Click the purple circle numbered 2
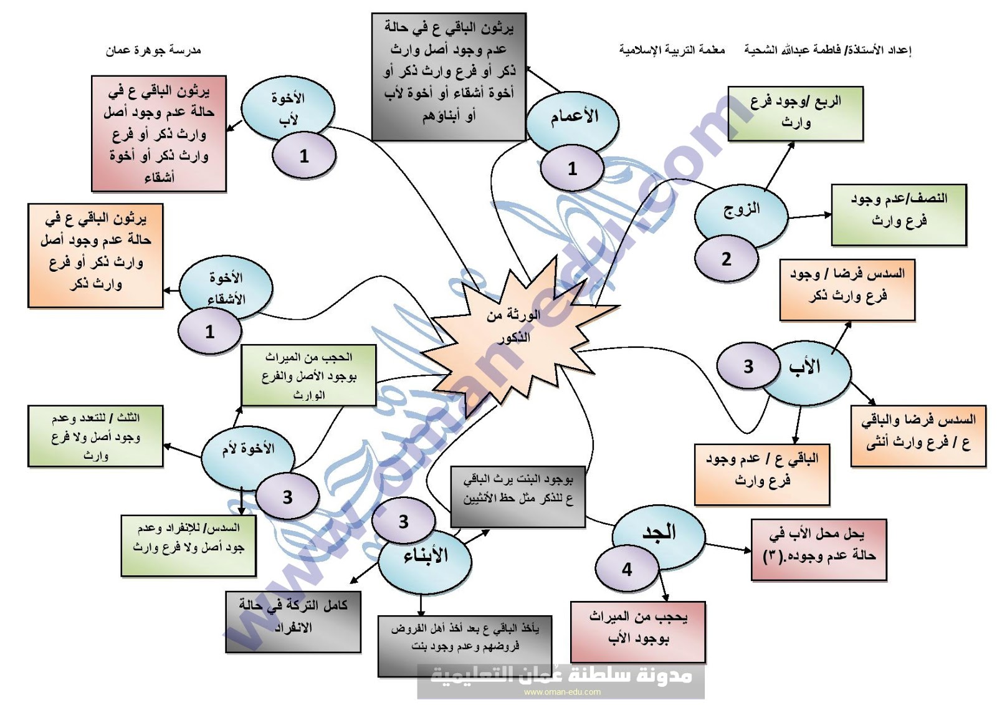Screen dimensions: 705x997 click(x=727, y=259)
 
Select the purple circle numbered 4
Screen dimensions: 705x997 click(x=627, y=569)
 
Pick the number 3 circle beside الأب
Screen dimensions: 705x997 click(x=748, y=367)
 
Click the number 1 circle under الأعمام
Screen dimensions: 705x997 click(x=572, y=168)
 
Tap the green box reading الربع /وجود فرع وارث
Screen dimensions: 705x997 click(x=796, y=113)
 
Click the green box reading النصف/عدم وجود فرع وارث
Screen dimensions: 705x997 click(x=899, y=214)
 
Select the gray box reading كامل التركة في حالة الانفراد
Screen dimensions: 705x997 click(x=293, y=621)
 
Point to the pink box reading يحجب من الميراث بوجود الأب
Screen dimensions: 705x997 click(x=638, y=631)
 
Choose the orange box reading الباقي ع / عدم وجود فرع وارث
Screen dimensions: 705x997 click(x=762, y=474)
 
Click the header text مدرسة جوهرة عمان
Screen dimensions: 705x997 click(x=153, y=50)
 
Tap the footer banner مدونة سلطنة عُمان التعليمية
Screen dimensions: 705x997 click(x=561, y=679)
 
